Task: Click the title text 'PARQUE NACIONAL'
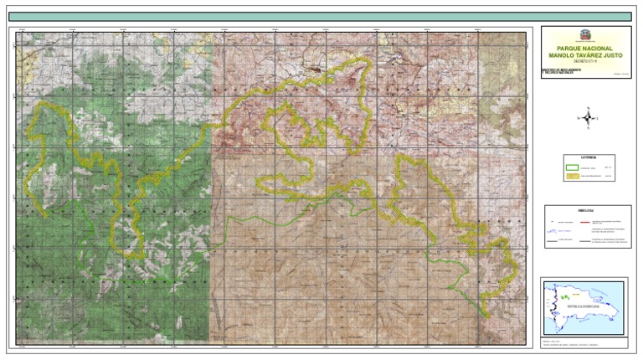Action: coord(583,49)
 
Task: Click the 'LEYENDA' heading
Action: coord(584,157)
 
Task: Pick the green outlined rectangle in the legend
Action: coord(574,167)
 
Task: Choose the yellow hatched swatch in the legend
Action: coord(574,177)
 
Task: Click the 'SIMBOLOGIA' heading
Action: coord(584,209)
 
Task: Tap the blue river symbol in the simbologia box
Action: coord(553,232)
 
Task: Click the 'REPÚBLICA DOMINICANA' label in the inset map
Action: coord(584,307)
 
